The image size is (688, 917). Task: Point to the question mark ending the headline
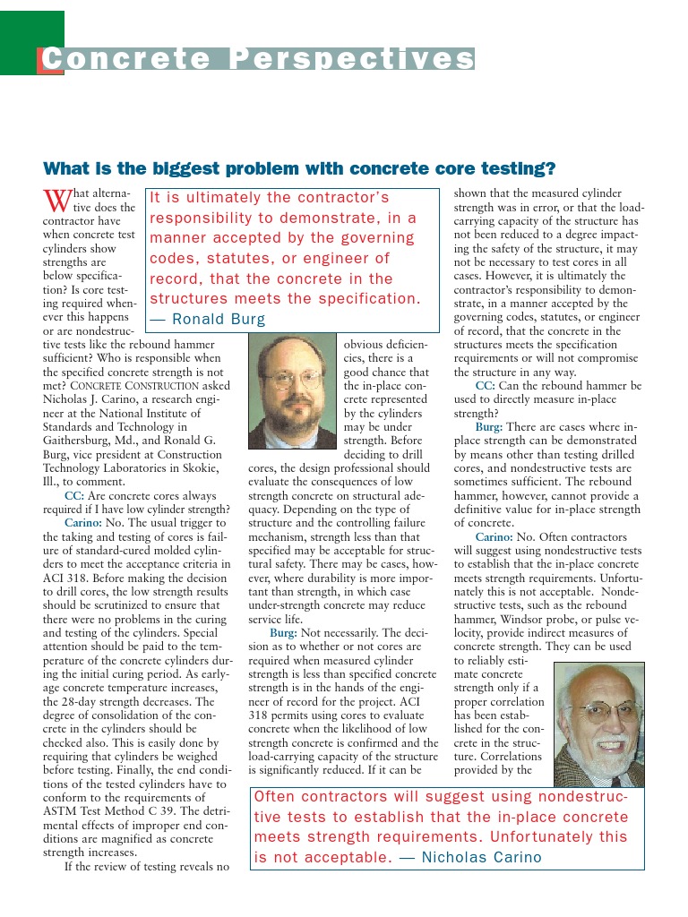(x=551, y=168)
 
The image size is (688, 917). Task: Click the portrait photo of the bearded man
(x=292, y=390)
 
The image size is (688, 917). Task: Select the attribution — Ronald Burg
(x=207, y=319)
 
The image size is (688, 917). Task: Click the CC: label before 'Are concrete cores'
(x=74, y=495)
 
